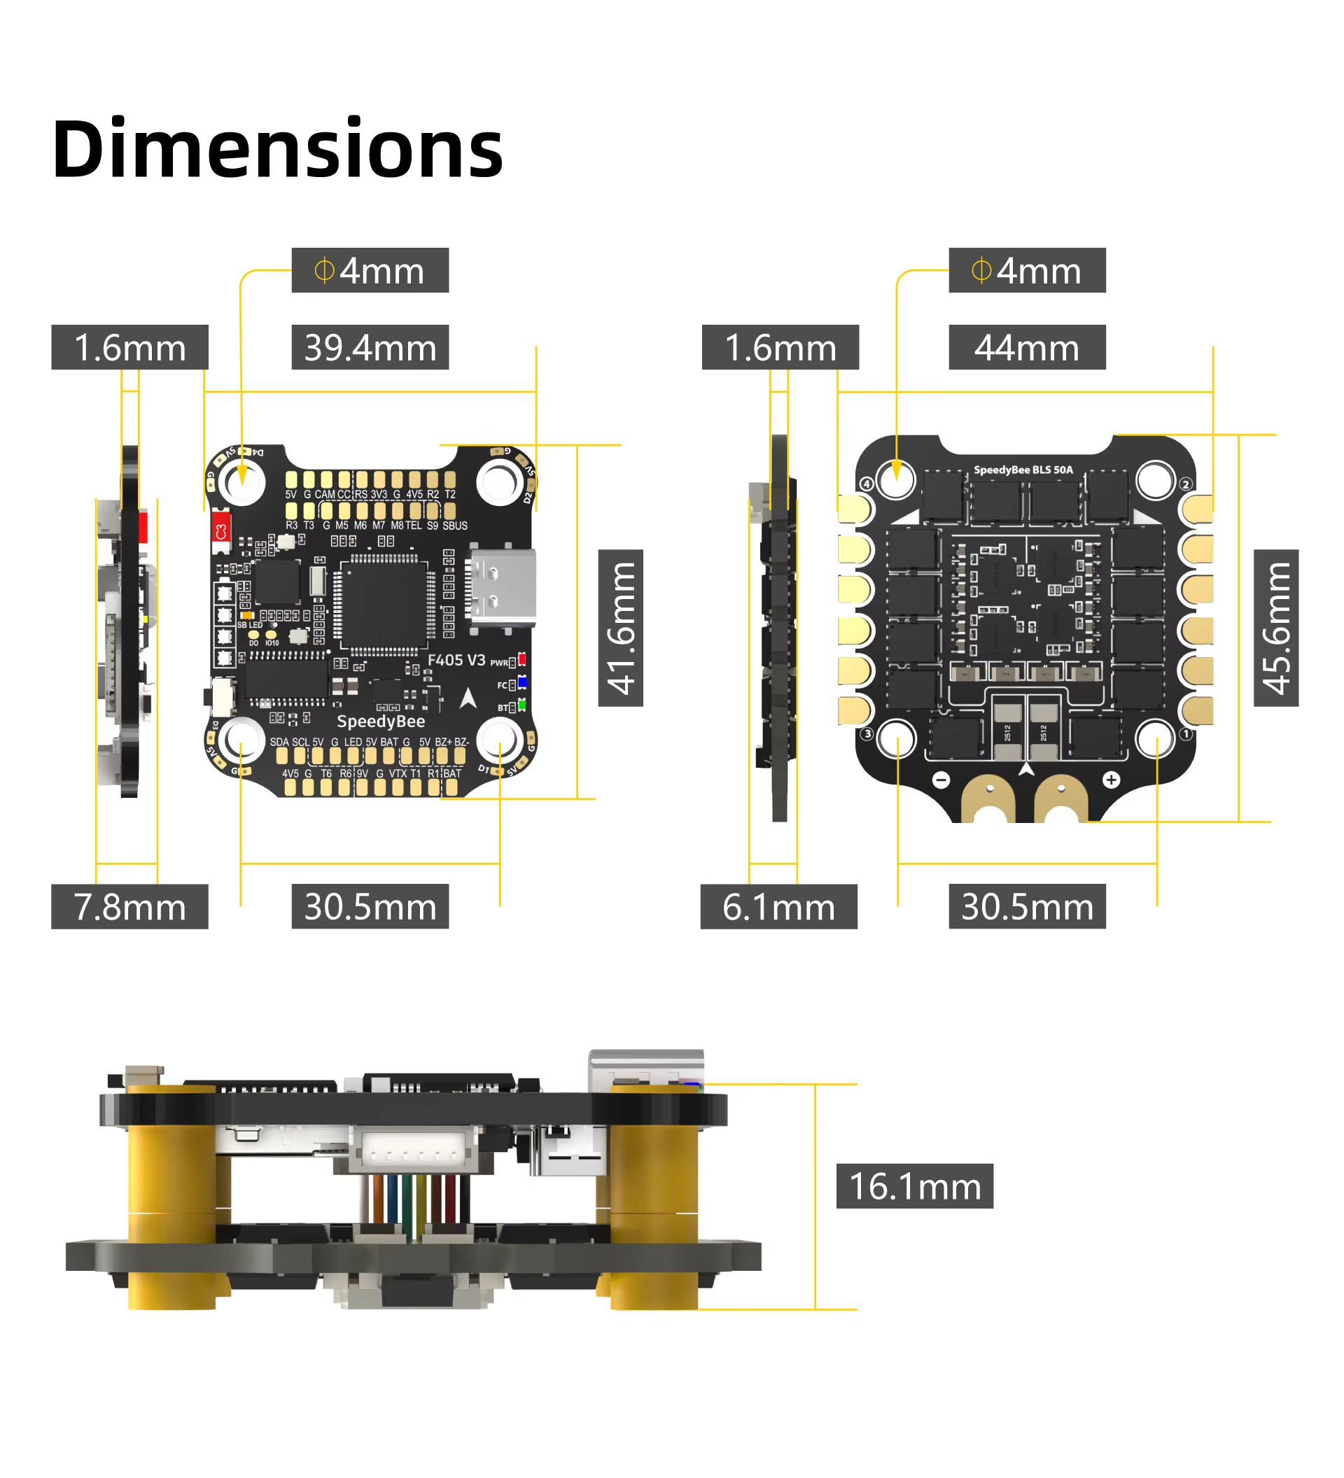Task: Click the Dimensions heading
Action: pos(277,149)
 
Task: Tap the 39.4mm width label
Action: pos(370,347)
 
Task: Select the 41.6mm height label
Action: pos(620,628)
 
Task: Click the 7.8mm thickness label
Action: pos(129,906)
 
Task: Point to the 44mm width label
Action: pos(1026,347)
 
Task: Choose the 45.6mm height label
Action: pos(1275,628)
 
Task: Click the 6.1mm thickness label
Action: pos(778,906)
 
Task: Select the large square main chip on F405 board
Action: pos(383,603)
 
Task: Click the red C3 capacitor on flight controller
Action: pos(220,530)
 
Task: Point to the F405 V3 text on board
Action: pos(456,660)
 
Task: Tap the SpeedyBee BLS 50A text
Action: pos(1023,470)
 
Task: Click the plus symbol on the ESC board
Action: pos(1111,780)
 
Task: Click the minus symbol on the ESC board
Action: pos(941,780)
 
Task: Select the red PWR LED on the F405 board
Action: pos(522,659)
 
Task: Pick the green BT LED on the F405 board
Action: pos(522,705)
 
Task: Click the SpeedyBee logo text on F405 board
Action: pos(381,722)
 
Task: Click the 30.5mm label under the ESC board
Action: pos(1026,906)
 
